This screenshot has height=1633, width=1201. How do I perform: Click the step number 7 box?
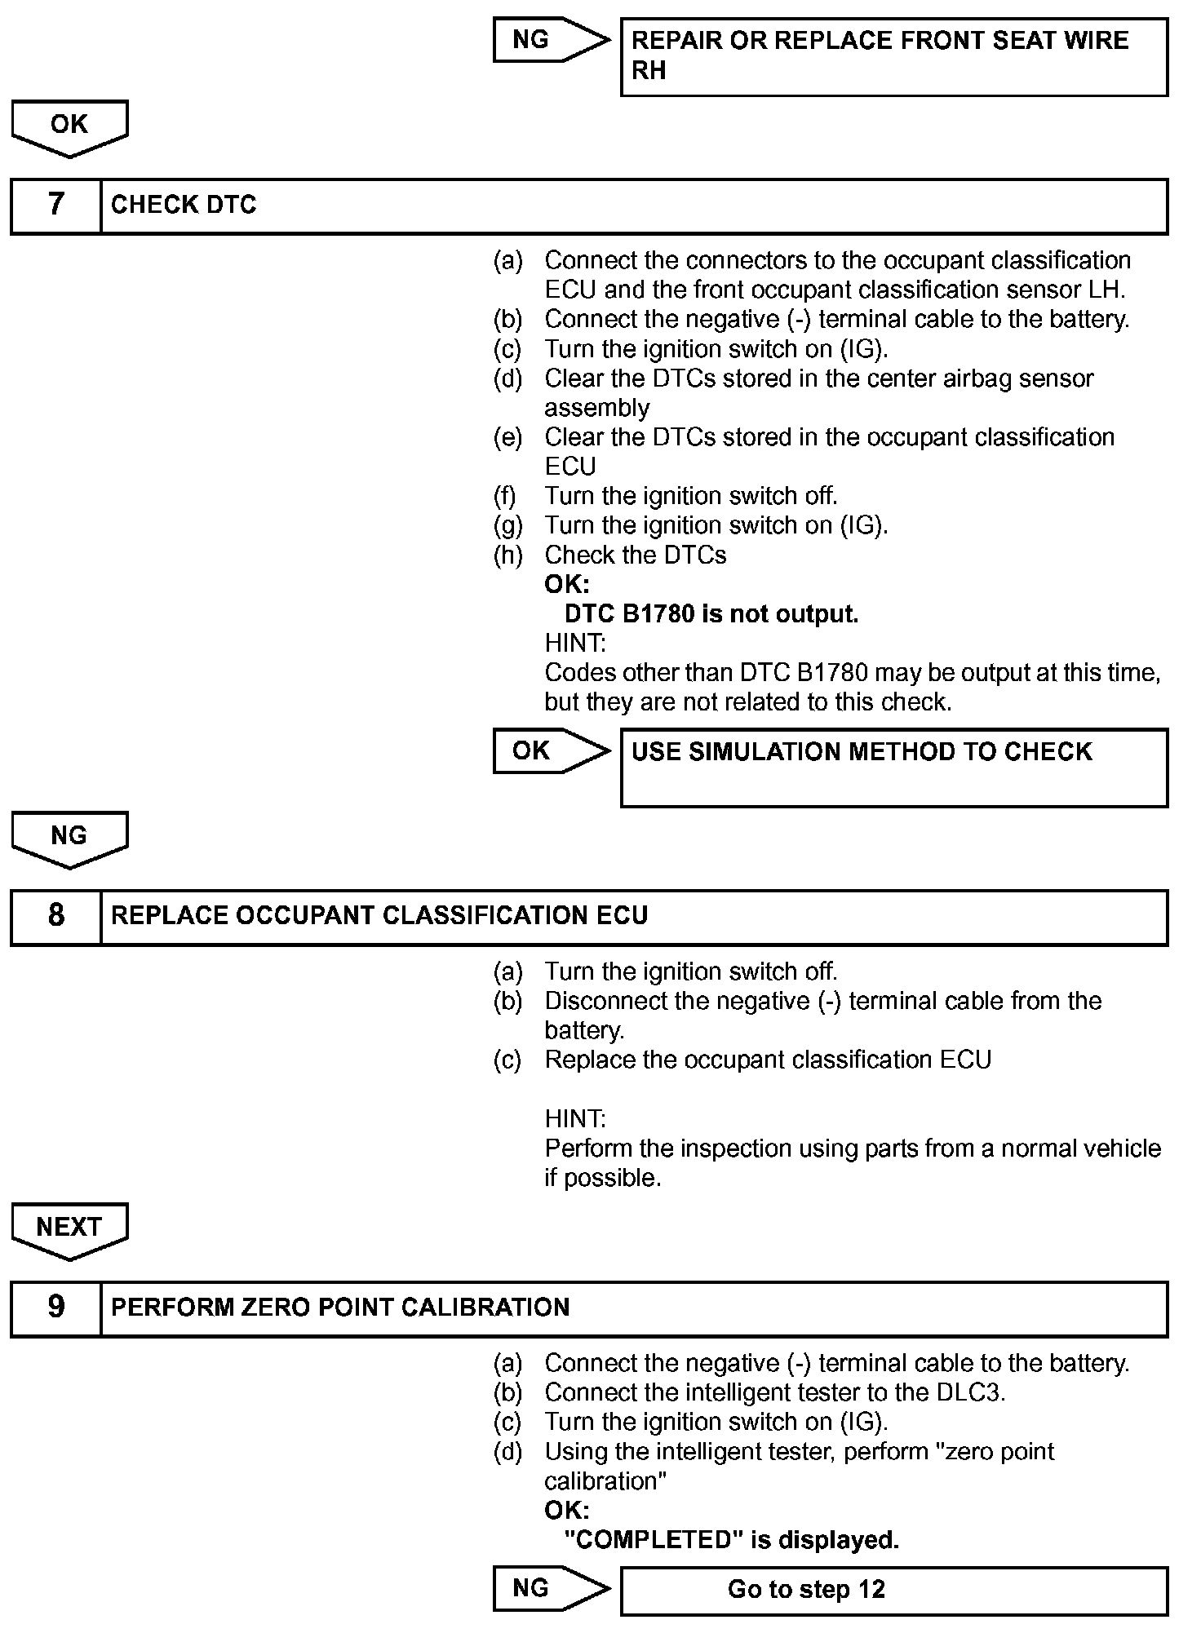(55, 206)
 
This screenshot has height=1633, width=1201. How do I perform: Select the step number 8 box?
(55, 917)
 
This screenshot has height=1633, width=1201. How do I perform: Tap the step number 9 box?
(55, 1308)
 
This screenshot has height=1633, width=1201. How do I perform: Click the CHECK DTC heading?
(184, 206)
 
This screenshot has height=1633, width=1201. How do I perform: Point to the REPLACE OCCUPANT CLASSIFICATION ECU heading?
(379, 916)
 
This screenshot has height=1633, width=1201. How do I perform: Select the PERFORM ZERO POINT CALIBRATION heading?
(340, 1308)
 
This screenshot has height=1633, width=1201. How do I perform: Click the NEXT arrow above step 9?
(69, 1229)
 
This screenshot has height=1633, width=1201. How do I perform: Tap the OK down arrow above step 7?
(69, 127)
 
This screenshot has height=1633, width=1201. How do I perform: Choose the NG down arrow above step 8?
(69, 839)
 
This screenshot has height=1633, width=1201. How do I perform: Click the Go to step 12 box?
(893, 1590)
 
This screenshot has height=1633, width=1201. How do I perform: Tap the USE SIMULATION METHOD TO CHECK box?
(893, 768)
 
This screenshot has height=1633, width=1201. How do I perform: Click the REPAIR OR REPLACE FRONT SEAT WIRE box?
(893, 56)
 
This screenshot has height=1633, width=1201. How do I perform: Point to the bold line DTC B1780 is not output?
(711, 614)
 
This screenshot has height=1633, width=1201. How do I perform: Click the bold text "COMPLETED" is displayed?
(731, 1540)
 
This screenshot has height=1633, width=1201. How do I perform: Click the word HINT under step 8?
(575, 1118)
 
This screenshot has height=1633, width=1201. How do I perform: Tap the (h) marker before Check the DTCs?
(507, 555)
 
